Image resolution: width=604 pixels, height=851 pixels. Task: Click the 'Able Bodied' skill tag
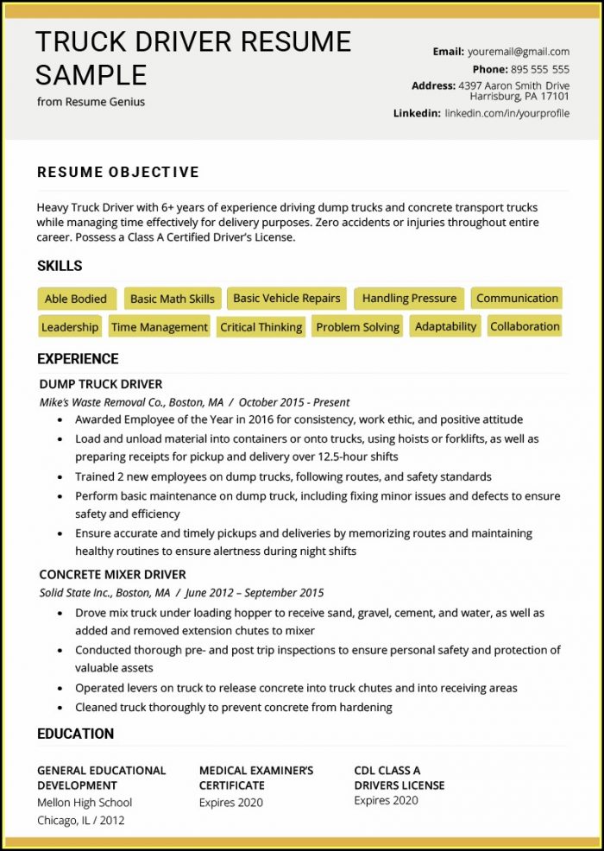[76, 299]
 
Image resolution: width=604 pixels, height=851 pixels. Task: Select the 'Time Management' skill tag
[160, 327]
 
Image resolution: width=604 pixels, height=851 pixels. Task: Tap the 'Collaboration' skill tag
[525, 326]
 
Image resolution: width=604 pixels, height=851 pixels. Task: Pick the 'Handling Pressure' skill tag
[409, 299]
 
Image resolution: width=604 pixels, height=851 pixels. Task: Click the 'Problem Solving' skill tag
[357, 327]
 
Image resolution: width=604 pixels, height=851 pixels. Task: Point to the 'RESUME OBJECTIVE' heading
[118, 173]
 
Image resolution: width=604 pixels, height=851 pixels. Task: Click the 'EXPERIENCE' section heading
[78, 359]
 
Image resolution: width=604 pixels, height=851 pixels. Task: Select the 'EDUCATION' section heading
[75, 734]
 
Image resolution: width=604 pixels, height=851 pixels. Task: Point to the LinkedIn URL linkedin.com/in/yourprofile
[507, 113]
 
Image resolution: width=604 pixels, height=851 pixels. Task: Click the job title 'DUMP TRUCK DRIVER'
[101, 384]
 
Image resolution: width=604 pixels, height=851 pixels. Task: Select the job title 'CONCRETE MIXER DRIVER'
[113, 574]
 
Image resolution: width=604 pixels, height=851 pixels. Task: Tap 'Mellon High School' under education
[85, 803]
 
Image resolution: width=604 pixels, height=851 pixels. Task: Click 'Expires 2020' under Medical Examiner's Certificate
[231, 803]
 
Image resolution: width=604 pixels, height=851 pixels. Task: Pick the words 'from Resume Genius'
[91, 102]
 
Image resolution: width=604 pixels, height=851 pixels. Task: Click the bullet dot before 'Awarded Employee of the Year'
[60, 419]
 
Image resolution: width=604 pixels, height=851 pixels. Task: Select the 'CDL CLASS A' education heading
[387, 770]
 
